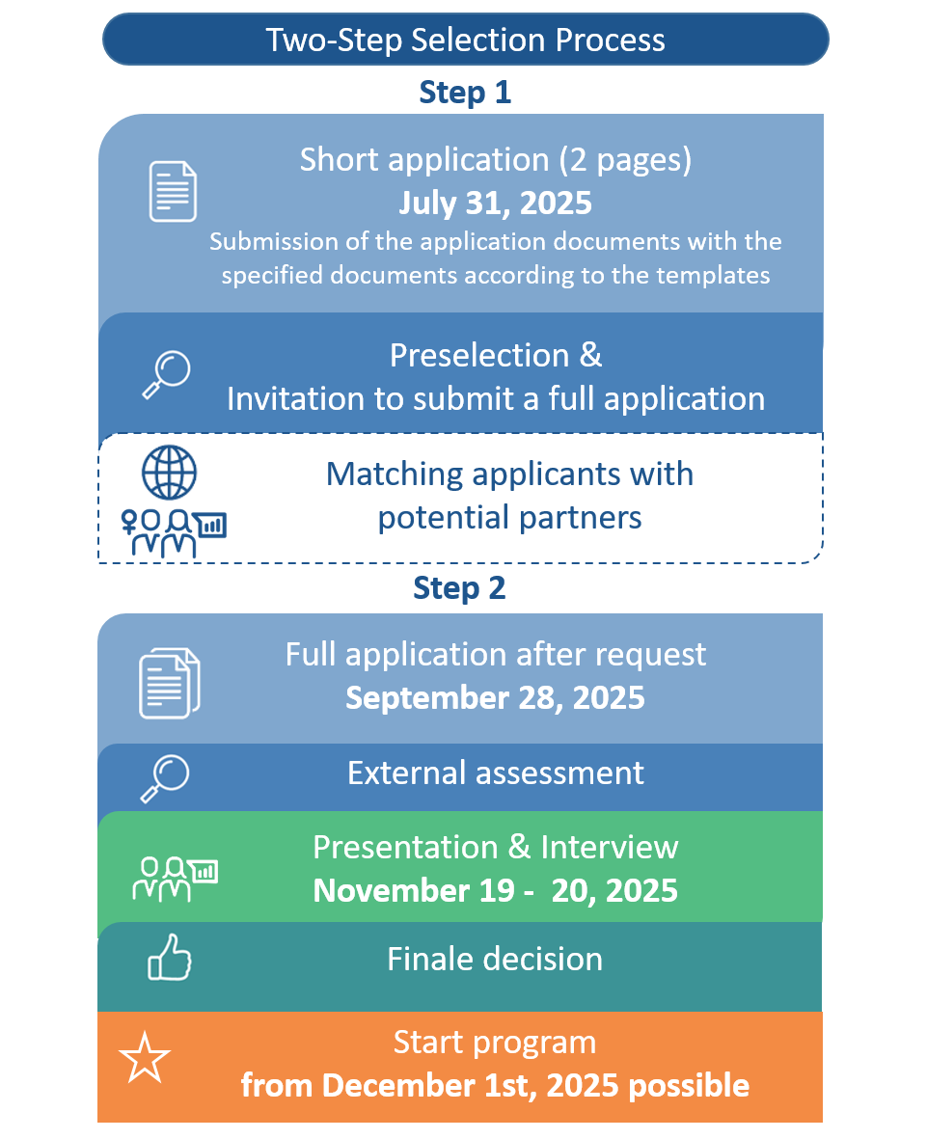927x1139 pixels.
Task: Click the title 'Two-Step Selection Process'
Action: point(465,40)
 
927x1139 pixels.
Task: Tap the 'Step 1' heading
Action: point(465,93)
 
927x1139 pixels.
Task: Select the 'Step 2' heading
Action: point(459,587)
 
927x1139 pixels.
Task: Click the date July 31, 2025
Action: point(495,203)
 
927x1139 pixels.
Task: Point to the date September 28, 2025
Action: point(495,697)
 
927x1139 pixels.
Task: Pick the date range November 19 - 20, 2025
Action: point(495,890)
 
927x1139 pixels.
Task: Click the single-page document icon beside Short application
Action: point(173,191)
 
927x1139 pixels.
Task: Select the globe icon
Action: point(169,473)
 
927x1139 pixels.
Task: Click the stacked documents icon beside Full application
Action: point(169,683)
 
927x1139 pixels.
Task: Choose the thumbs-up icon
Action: point(169,957)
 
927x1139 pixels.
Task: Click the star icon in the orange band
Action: point(145,1058)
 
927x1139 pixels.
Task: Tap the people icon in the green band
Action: point(176,879)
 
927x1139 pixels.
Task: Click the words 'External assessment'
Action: point(496,773)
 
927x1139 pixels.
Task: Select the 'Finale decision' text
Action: point(495,959)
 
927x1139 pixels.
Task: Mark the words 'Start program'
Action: point(495,1043)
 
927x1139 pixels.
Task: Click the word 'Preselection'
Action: point(479,355)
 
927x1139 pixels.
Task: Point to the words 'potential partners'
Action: point(509,518)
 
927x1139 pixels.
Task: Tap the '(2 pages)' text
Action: point(625,160)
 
